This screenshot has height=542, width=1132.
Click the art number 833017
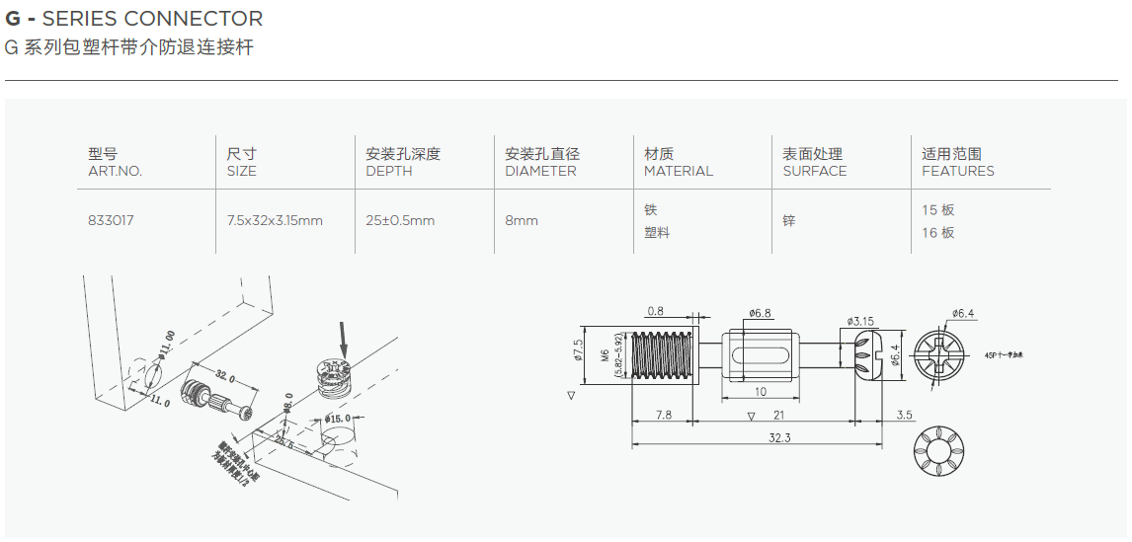(x=111, y=221)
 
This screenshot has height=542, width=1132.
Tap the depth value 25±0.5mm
(x=400, y=221)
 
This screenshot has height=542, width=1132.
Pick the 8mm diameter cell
(x=522, y=221)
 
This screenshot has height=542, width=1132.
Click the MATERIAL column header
(x=678, y=171)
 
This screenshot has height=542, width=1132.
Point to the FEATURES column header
(x=957, y=171)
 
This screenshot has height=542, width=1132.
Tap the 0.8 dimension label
(x=656, y=312)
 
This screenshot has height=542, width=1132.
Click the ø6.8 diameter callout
(x=760, y=313)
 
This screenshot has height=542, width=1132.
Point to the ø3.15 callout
(x=861, y=321)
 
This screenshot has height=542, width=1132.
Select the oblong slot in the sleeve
(x=759, y=355)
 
